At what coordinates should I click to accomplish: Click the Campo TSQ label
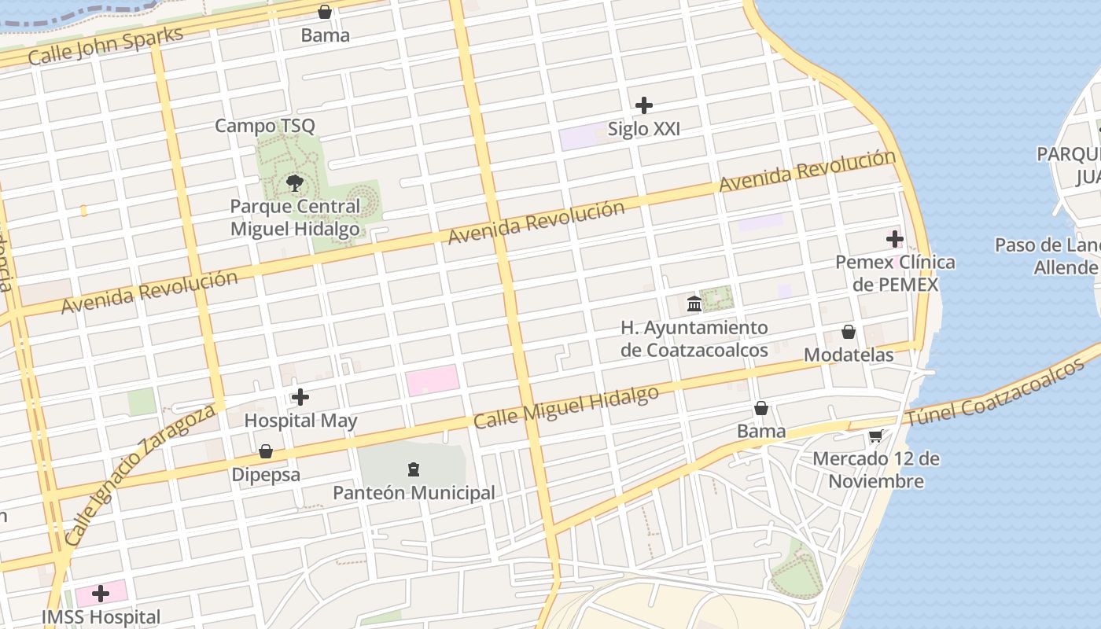[264, 126]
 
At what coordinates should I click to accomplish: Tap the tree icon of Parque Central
[295, 184]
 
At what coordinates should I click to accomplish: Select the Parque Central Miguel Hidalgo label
[295, 218]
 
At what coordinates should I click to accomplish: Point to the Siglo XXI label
[644, 129]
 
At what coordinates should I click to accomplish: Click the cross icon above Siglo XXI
[644, 105]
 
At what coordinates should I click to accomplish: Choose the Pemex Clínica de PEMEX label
[896, 273]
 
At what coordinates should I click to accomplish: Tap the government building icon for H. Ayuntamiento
[694, 303]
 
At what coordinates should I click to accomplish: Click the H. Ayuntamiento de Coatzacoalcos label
[694, 339]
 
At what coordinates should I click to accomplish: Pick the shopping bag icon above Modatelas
[849, 332]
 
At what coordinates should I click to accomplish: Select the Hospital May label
[300, 421]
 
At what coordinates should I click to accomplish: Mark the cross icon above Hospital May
[300, 398]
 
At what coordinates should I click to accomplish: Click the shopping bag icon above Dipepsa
[266, 452]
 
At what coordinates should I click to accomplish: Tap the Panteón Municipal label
[414, 493]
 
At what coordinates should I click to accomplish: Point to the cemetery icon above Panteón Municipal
[414, 470]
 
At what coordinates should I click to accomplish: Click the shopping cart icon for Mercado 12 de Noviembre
[875, 436]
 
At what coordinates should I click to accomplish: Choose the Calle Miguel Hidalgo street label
[565, 407]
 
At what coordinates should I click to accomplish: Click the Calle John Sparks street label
[105, 46]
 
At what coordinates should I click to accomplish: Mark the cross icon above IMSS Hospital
[101, 594]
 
